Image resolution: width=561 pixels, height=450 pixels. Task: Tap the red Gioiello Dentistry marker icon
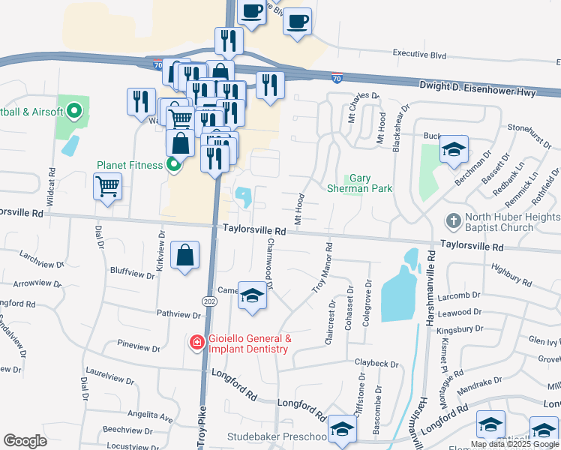tap(196, 343)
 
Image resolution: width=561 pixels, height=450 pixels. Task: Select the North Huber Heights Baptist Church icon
tap(453, 222)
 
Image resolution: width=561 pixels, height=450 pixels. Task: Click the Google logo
tap(25, 441)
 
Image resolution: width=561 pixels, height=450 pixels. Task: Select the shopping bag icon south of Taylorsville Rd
tap(184, 256)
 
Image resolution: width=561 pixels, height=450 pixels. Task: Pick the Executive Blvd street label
tap(419, 55)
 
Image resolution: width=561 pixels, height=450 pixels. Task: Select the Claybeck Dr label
tap(376, 364)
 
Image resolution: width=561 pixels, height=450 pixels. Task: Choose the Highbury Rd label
tap(510, 274)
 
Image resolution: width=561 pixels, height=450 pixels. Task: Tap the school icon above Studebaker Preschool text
tap(342, 428)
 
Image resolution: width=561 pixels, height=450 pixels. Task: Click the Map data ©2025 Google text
tap(514, 444)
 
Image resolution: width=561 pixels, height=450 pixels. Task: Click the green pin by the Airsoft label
tap(73, 112)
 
